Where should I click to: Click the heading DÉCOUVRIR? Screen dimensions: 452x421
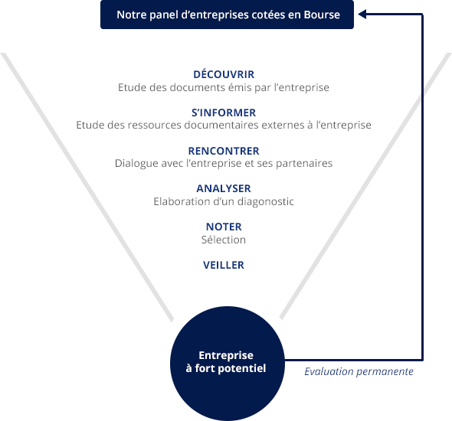(224, 74)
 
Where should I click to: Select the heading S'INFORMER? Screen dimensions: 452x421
(224, 113)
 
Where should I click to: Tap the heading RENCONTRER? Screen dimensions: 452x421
(224, 151)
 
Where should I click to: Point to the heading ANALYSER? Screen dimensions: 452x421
(224, 188)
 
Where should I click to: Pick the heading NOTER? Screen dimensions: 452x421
(224, 227)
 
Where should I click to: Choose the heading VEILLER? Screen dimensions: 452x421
(224, 265)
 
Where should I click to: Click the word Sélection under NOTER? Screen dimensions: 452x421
(224, 240)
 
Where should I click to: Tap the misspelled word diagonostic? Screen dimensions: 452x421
(266, 202)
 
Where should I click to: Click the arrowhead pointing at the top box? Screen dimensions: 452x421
(362, 14)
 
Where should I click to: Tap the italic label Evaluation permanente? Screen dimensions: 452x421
(359, 371)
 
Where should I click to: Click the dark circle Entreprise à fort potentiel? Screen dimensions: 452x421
(228, 364)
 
